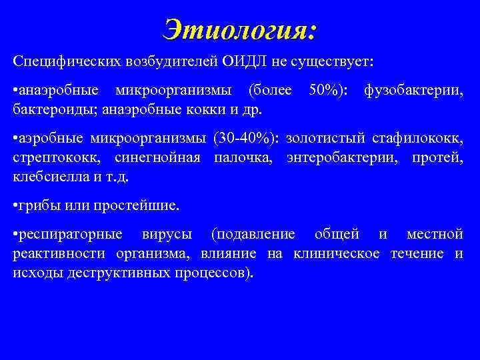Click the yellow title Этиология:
point(240,29)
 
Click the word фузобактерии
point(413,89)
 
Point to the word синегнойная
point(143,158)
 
